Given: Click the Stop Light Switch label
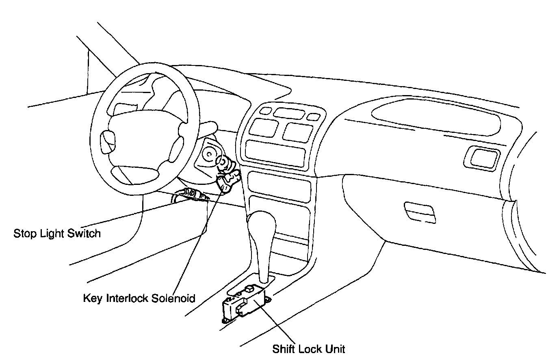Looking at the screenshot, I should (x=57, y=234).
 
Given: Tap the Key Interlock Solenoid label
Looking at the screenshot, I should (x=139, y=298).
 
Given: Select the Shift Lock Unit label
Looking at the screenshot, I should (x=309, y=349).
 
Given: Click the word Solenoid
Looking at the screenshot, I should (x=173, y=298).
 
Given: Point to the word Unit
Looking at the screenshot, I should (x=336, y=349).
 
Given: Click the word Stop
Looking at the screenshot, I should (x=24, y=234).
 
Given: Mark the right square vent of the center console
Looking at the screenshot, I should (x=299, y=131).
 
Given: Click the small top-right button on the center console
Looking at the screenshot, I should (x=313, y=117).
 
